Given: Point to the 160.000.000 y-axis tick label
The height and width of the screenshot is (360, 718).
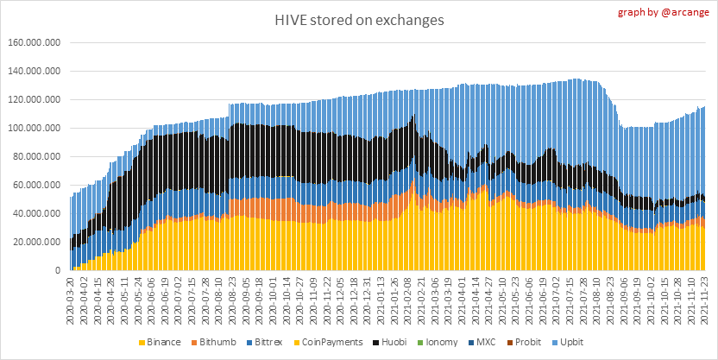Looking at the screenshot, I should point(34,42).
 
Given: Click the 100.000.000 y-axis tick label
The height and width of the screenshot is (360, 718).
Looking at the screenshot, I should point(34,128).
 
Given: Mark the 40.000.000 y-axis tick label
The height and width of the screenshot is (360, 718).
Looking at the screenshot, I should point(36,213).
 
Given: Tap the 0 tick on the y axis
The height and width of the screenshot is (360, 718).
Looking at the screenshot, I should point(58,270).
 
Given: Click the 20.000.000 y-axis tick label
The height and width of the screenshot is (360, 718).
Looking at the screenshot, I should point(36,242).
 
